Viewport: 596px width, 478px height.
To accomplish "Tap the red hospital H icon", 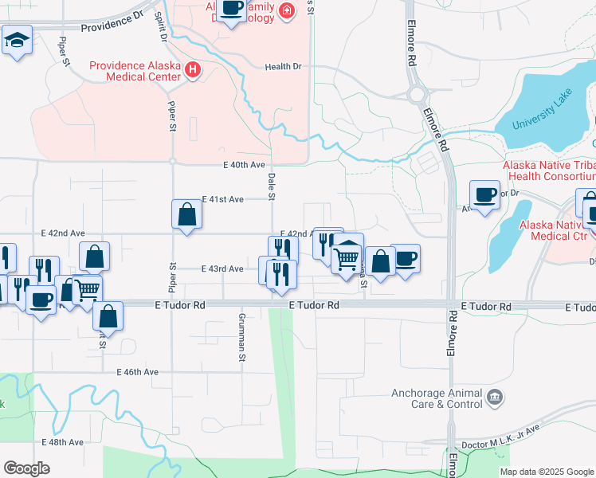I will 192,70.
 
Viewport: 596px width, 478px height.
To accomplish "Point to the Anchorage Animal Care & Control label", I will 437,398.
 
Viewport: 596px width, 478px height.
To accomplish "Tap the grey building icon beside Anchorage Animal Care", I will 495,397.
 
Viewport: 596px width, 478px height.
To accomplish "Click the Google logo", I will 26,468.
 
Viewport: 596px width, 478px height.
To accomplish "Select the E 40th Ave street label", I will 243,165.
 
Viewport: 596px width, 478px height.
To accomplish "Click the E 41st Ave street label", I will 222,199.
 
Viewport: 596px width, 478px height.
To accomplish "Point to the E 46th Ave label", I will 138,372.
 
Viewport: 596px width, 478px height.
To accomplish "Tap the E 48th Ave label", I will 63,442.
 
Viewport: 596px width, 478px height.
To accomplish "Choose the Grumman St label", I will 241,336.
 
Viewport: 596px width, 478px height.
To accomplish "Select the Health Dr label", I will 284,67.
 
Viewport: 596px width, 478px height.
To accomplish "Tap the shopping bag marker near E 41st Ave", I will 186,214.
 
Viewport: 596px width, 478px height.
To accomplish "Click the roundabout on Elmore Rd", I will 417,95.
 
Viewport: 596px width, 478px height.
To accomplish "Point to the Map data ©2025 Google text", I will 547,472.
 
